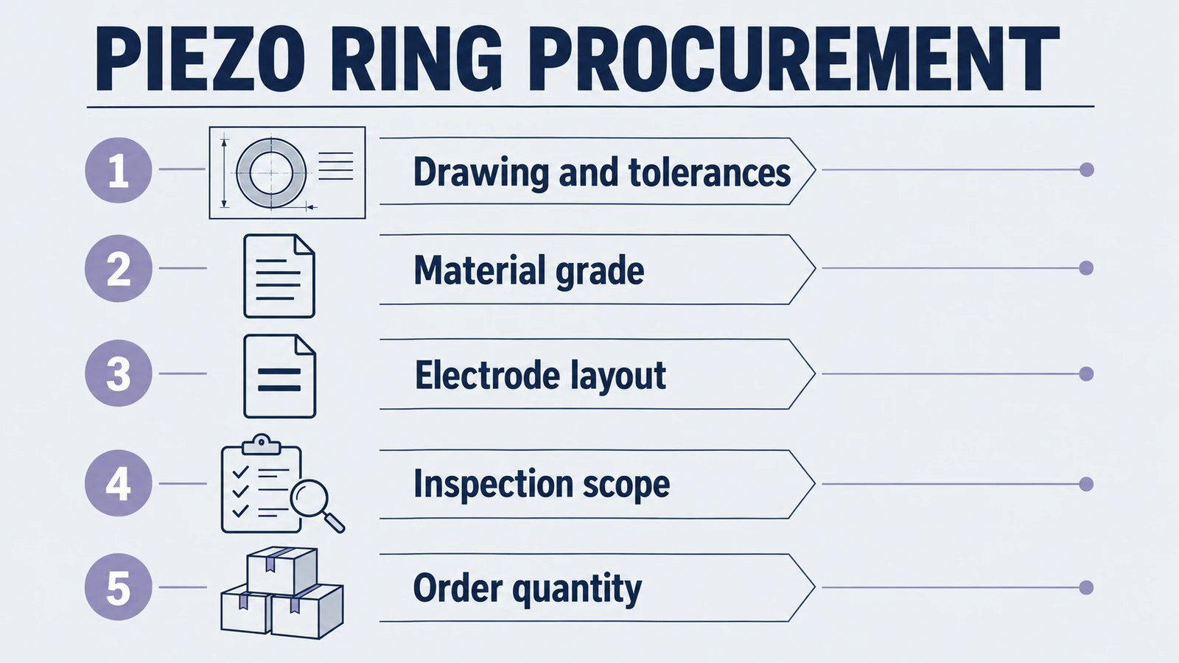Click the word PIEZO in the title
pyautogui.click(x=200, y=59)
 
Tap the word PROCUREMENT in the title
pyautogui.click(x=794, y=59)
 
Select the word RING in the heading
pyautogui.click(x=416, y=59)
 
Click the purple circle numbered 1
pyautogui.click(x=119, y=170)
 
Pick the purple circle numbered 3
pyautogui.click(x=119, y=373)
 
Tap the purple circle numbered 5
pyautogui.click(x=119, y=586)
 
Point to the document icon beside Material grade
pyautogui.click(x=279, y=276)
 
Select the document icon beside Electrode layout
pyautogui.click(x=279, y=376)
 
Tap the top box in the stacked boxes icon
pyautogui.click(x=282, y=570)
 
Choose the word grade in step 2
pyautogui.click(x=600, y=272)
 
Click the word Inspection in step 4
pyautogui.click(x=493, y=484)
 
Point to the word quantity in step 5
pyautogui.click(x=576, y=589)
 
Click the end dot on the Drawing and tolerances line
pyautogui.click(x=1086, y=169)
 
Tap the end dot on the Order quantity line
pyautogui.click(x=1086, y=587)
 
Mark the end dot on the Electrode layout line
pyautogui.click(x=1086, y=373)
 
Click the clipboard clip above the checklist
pyautogui.click(x=261, y=444)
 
